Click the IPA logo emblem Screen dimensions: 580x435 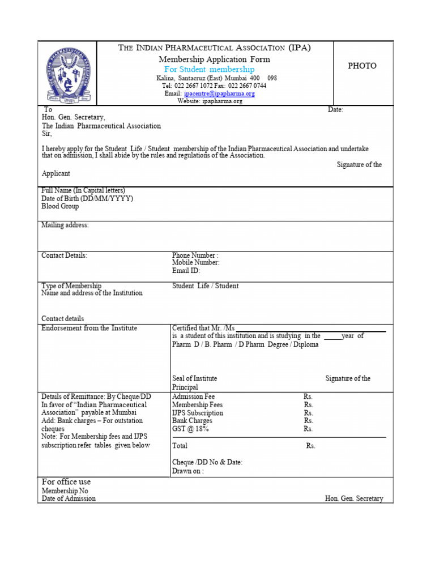[68, 74]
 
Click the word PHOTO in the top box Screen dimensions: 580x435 [362, 66]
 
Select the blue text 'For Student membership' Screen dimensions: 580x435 [210, 69]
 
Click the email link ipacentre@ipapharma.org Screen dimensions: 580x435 [219, 93]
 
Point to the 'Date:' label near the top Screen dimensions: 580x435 [335, 110]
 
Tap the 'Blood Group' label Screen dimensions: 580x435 [60, 206]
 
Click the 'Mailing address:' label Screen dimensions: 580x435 [65, 225]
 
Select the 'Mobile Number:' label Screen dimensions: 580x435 [196, 263]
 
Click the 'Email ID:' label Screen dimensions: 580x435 [186, 271]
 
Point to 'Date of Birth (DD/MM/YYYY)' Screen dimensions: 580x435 [87, 198]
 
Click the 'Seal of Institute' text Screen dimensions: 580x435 [195, 378]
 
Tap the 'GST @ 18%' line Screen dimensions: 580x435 [190, 429]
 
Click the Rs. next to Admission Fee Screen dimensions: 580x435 [308, 397]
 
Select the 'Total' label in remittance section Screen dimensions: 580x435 [180, 446]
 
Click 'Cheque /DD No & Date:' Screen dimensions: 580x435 [207, 462]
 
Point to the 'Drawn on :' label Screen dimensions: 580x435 [188, 471]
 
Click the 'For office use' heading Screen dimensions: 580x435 [66, 482]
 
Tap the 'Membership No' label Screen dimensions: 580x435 [65, 491]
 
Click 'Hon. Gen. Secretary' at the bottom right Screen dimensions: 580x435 [354, 498]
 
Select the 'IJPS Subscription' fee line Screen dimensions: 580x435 [198, 413]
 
